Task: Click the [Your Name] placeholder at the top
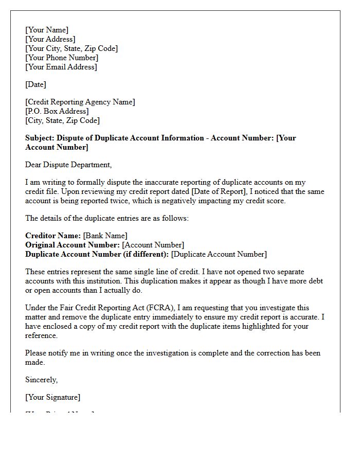47,30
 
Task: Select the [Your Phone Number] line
62,58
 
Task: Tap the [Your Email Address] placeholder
61,67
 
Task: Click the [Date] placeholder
35,84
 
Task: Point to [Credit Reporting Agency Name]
80,102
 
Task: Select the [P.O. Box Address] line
57,111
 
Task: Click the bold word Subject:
40,138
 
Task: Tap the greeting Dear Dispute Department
68,165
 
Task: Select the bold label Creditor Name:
52,236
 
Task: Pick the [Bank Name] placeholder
105,236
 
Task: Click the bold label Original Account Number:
73,245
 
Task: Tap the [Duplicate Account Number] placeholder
219,254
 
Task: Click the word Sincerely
42,380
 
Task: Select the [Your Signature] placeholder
52,397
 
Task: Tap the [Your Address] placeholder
50,39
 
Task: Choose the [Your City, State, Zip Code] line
71,48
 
